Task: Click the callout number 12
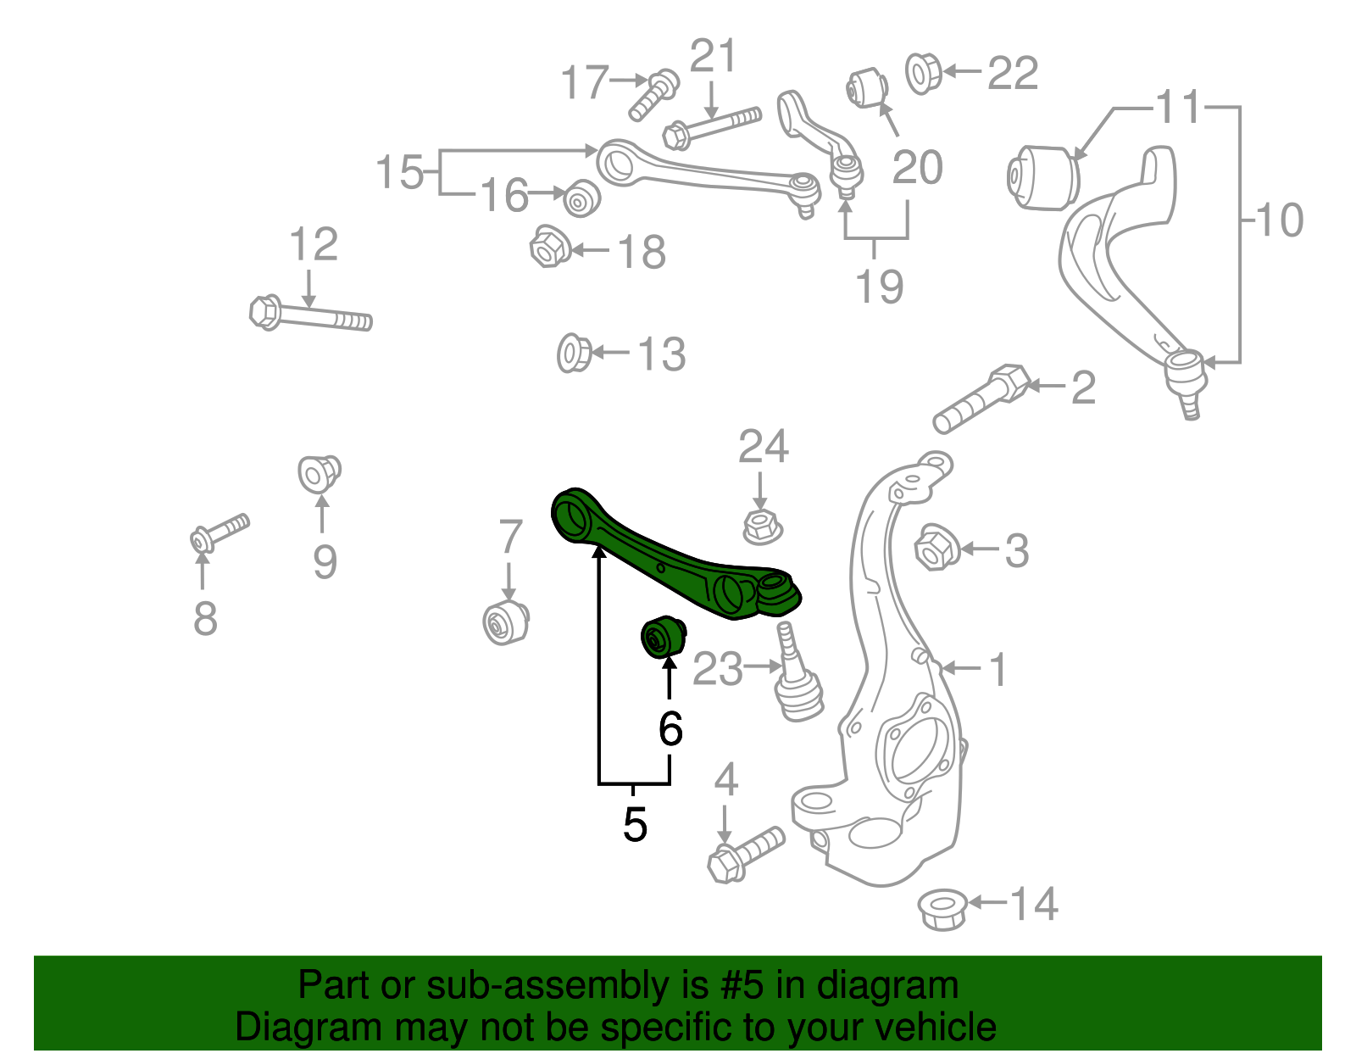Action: coord(314,245)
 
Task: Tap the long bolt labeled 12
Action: coord(310,315)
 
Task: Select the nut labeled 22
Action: coord(922,73)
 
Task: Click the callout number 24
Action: coord(763,447)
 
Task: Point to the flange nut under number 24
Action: coord(761,527)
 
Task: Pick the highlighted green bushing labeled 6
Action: coord(662,638)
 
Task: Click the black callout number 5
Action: coord(635,824)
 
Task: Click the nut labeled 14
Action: coord(942,910)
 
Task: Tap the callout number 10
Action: coord(1279,220)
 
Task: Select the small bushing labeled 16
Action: coord(581,198)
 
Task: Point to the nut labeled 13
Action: coord(574,353)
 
